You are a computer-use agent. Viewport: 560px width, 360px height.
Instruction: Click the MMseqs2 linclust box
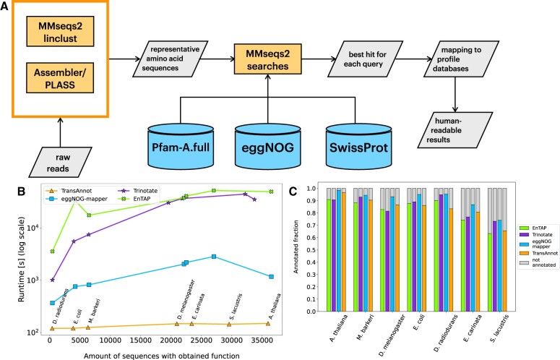[x=60, y=31]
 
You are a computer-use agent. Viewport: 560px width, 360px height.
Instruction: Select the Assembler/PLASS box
[x=60, y=78]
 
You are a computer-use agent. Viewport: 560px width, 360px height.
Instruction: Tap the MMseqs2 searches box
[x=267, y=59]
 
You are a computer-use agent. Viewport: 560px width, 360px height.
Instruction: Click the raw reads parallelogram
[x=60, y=162]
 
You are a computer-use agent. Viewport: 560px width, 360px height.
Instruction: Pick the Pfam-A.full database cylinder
[x=181, y=147]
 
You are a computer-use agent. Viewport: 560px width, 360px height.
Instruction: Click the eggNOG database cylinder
[x=268, y=147]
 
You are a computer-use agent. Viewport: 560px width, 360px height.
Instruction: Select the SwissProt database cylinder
[x=358, y=147]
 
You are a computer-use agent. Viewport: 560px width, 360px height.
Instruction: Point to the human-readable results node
[x=455, y=130]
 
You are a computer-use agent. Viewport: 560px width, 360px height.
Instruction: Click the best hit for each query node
[x=366, y=59]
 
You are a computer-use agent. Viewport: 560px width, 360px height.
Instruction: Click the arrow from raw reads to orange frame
[x=60, y=132]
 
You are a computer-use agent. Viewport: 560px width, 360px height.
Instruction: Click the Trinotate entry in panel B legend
[x=139, y=191]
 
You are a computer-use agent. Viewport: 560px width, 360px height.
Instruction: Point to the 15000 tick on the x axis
[x=140, y=340]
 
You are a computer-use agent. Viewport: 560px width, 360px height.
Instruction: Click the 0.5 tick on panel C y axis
[x=311, y=250]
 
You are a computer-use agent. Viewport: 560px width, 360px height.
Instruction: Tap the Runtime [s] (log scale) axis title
[x=22, y=259]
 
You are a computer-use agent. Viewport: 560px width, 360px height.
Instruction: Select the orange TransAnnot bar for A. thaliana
[x=343, y=252]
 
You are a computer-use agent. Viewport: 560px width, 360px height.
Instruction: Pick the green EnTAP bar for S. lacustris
[x=490, y=272]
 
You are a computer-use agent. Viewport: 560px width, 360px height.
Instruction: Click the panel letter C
[x=293, y=192]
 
